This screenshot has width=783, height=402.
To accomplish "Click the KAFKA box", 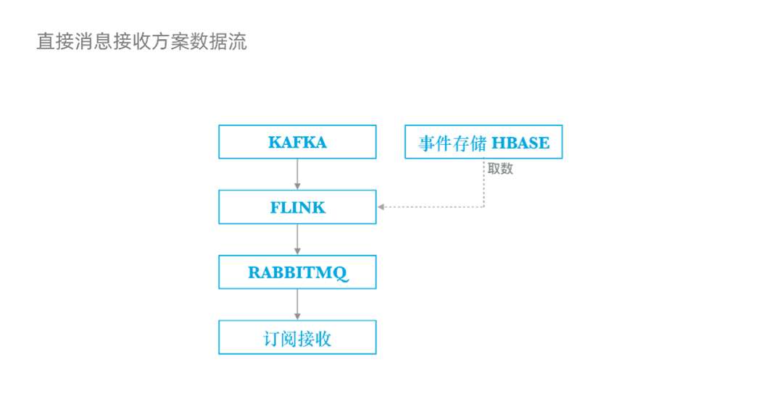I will click(297, 142).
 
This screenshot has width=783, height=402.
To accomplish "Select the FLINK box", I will click(297, 207).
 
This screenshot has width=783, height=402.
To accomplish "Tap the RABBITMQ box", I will click(297, 272).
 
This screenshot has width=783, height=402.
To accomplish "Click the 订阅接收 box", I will click(297, 338).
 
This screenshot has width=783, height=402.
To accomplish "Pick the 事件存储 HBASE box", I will click(484, 142).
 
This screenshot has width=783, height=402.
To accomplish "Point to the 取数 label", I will click(500, 169).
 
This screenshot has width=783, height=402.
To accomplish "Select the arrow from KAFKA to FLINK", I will click(297, 175).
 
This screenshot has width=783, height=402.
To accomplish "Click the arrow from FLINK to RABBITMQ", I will click(297, 240).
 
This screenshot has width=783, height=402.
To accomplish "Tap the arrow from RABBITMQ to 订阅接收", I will click(297, 305).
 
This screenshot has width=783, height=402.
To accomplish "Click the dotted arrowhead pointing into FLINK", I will click(381, 207).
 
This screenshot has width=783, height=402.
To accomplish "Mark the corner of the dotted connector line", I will click(484, 207).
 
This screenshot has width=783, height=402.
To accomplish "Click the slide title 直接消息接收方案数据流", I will click(141, 41).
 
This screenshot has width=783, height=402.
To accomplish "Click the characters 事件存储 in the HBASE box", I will click(449, 143).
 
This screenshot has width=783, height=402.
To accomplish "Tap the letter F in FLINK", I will click(275, 208).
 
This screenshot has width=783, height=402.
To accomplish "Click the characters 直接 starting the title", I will click(55, 41).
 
